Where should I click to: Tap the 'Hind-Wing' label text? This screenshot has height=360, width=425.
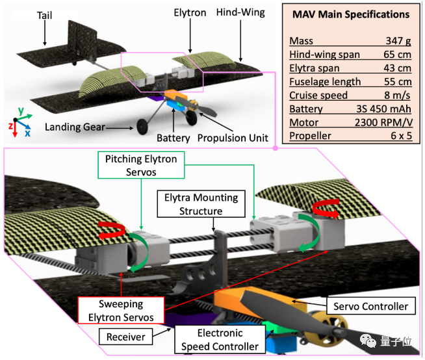coord(241,12)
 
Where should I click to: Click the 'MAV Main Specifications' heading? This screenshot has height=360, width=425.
coord(350,14)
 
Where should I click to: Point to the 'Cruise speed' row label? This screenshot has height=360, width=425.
coord(318,95)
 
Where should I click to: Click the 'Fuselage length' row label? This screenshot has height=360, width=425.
coord(326,81)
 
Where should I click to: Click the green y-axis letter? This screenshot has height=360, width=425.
coord(21,110)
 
